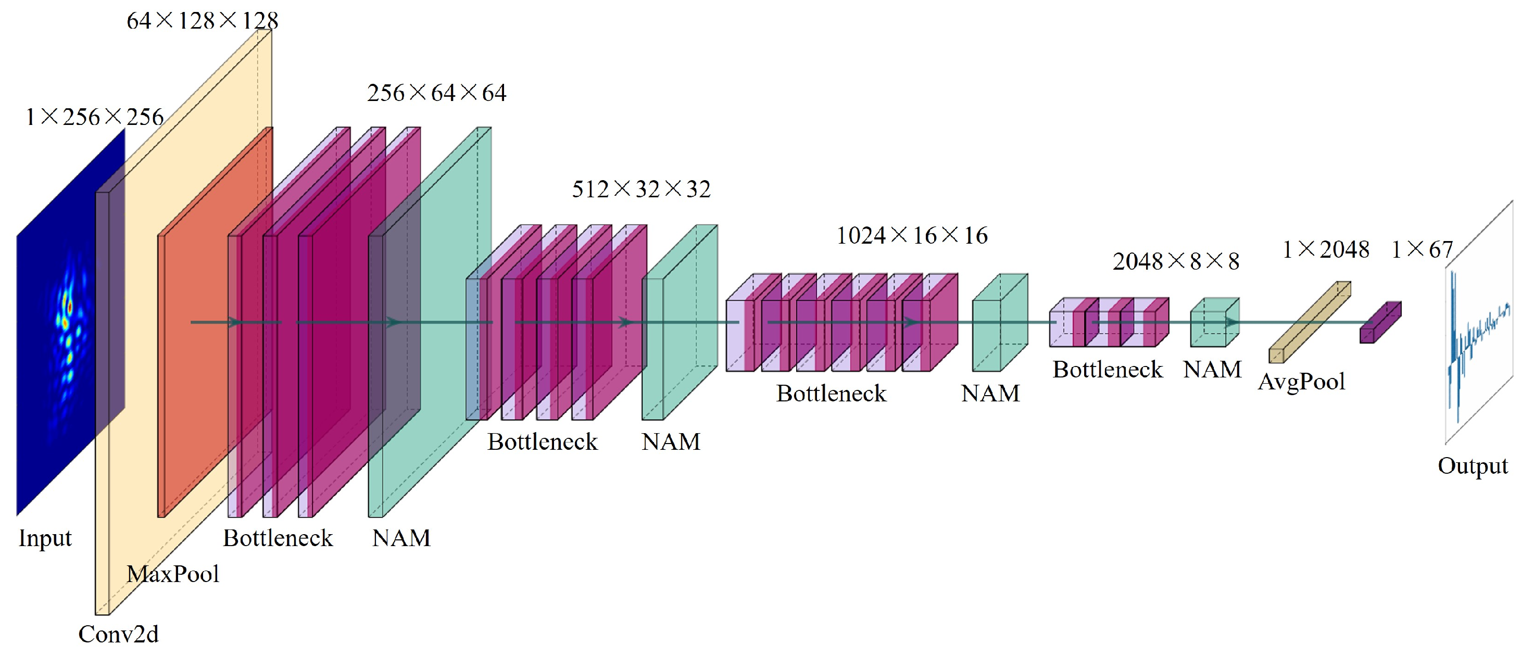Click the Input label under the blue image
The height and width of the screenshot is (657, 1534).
click(45, 538)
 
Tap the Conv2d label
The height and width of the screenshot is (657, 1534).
click(119, 635)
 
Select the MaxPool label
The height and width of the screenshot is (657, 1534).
click(173, 574)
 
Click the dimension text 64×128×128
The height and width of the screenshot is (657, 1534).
click(203, 21)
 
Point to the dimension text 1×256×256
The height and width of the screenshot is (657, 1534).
click(94, 117)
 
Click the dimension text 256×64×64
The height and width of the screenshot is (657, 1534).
click(436, 93)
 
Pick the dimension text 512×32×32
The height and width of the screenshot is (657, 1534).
click(642, 189)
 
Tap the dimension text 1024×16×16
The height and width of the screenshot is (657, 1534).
click(912, 236)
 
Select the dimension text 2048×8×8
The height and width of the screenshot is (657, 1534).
click(1176, 261)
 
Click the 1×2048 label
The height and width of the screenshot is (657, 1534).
click(1326, 249)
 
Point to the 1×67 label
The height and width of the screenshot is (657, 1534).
click(1422, 249)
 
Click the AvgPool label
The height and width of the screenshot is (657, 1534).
click(1302, 382)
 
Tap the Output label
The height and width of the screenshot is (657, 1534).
click(1473, 466)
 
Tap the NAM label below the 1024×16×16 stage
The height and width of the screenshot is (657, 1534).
click(990, 394)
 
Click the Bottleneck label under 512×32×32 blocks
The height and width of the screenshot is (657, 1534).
click(542, 442)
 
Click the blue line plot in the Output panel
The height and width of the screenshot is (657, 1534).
click(1471, 339)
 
